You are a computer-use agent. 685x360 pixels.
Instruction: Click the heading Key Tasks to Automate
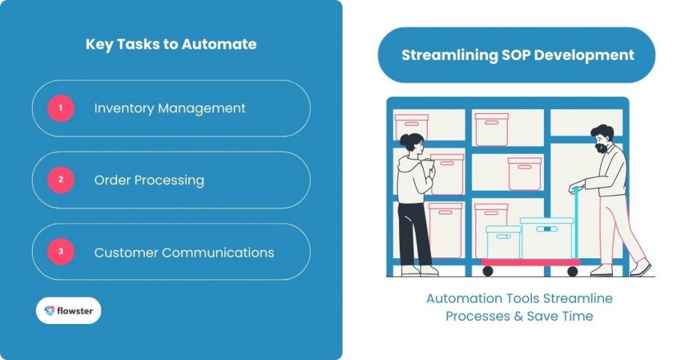click(x=171, y=45)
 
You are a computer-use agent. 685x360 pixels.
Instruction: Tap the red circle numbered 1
click(x=61, y=108)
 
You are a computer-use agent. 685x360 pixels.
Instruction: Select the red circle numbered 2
click(x=61, y=180)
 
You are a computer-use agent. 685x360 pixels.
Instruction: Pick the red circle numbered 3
click(x=61, y=252)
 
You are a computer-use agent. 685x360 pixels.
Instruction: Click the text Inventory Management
click(x=170, y=108)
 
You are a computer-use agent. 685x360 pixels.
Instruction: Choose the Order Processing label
click(x=149, y=180)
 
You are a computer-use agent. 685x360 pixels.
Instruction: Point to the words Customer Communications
click(x=184, y=252)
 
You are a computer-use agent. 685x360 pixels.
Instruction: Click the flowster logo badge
click(x=68, y=310)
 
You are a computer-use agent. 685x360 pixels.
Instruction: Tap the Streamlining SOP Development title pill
click(x=517, y=55)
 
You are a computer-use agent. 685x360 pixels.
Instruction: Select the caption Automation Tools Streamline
click(x=519, y=298)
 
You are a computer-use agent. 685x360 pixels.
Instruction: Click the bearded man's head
click(x=603, y=138)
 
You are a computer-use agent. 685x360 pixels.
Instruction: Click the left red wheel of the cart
click(x=487, y=271)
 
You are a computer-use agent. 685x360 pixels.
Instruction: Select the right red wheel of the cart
click(x=573, y=271)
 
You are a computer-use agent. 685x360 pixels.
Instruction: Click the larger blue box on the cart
click(x=547, y=238)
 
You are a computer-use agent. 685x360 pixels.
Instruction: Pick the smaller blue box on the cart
click(x=503, y=242)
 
